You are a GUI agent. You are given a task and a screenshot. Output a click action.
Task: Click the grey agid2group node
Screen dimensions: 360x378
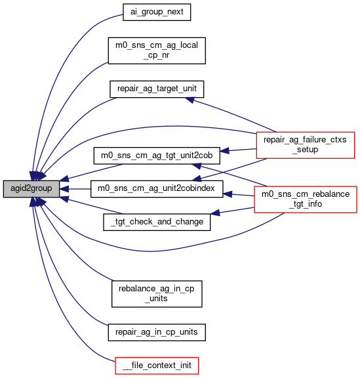click(x=31, y=189)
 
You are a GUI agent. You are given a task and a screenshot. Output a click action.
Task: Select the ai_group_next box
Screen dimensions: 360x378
click(x=157, y=12)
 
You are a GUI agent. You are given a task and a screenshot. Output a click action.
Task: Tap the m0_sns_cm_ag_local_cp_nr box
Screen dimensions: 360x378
click(x=157, y=51)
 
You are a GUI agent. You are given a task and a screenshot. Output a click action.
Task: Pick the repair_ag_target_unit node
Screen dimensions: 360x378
click(x=157, y=89)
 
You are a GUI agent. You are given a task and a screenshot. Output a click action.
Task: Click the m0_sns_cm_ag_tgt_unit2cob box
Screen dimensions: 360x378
click(x=157, y=156)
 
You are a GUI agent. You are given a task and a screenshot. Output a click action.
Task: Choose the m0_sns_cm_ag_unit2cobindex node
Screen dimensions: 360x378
click(x=157, y=189)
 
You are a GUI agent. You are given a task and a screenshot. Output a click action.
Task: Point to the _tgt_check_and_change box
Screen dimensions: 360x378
click(x=157, y=222)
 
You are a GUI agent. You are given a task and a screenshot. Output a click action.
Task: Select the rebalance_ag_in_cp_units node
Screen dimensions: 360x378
click(x=157, y=294)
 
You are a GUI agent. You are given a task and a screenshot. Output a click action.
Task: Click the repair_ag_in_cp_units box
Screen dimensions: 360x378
click(x=157, y=333)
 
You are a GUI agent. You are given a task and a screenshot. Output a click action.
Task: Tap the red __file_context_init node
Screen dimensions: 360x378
click(x=157, y=366)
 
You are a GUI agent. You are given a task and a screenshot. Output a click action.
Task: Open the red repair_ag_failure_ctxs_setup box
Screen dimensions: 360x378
click(x=306, y=145)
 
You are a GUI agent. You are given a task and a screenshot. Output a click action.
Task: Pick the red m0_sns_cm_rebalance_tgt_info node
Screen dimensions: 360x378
click(x=306, y=199)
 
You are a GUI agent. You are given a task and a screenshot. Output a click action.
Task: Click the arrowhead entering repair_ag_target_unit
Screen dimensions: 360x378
click(x=190, y=100)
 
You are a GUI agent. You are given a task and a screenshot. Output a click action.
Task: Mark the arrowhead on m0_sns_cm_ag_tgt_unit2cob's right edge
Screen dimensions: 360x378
click(x=224, y=151)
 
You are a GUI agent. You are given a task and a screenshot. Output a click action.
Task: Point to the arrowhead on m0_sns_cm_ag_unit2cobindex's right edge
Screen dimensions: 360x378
click(x=228, y=194)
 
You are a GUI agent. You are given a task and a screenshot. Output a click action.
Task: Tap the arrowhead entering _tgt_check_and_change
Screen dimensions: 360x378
click(x=215, y=213)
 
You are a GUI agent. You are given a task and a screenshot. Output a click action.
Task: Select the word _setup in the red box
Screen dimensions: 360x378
click(x=306, y=150)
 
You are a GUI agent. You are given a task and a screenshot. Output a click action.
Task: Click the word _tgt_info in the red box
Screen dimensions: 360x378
click(x=306, y=204)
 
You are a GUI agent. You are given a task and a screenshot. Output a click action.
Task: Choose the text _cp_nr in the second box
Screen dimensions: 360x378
click(x=157, y=55)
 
